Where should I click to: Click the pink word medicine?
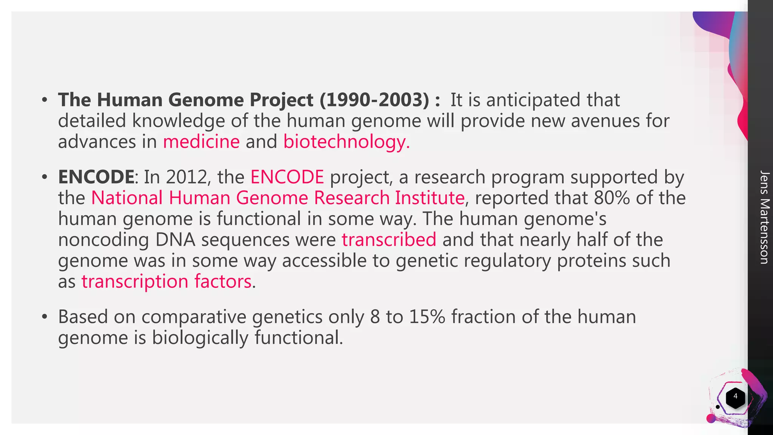coord(201,142)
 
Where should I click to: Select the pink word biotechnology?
coord(346,142)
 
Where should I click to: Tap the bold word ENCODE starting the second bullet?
coord(96,177)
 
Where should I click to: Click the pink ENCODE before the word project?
coord(287,177)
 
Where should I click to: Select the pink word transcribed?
coord(389,240)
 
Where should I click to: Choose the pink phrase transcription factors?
coord(166,282)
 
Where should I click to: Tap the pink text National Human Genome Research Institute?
coord(277,198)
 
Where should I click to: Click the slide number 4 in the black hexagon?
coord(735,396)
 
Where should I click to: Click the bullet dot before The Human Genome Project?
coord(45,100)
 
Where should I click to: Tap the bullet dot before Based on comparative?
coord(45,317)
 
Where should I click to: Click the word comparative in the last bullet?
coord(194,317)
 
